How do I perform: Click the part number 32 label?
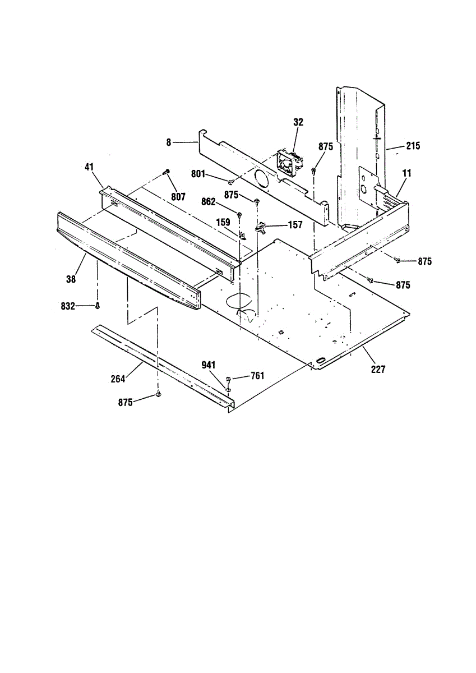click(298, 122)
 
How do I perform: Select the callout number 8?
click(169, 142)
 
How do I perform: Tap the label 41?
click(89, 167)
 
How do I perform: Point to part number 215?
click(413, 146)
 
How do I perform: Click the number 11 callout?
click(406, 173)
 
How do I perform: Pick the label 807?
click(178, 197)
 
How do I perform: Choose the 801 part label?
click(198, 174)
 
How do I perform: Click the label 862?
click(209, 202)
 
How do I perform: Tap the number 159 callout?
click(223, 222)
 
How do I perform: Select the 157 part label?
click(295, 225)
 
